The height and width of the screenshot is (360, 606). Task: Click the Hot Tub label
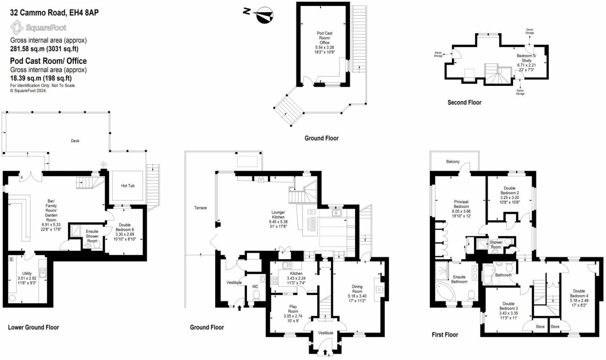pos(128,185)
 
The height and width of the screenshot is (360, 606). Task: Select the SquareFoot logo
pos(38,28)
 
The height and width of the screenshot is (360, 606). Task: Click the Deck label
pos(75,140)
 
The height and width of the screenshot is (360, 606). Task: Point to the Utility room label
pos(27,273)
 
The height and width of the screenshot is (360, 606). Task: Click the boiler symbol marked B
pos(11,259)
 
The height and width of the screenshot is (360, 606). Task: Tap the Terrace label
pos(200,208)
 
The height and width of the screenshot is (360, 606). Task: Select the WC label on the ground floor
pos(255,286)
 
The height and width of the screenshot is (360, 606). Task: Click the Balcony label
pos(453,161)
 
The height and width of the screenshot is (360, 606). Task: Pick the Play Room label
pos(293,309)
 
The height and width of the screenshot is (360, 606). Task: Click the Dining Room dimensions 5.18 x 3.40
pos(357,296)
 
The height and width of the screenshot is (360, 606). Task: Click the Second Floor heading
pos(465,103)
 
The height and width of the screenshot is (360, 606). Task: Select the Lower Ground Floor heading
pos(34,327)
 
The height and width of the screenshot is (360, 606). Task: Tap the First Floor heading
pos(445,335)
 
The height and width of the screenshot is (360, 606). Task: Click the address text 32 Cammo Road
pos(38,13)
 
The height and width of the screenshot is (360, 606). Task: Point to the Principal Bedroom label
pos(461,204)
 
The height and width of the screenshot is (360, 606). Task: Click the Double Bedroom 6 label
pos(125,227)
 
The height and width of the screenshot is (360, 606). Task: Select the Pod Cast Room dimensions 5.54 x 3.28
pos(324,47)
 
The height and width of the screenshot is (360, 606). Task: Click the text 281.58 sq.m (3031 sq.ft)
pos(44,49)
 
